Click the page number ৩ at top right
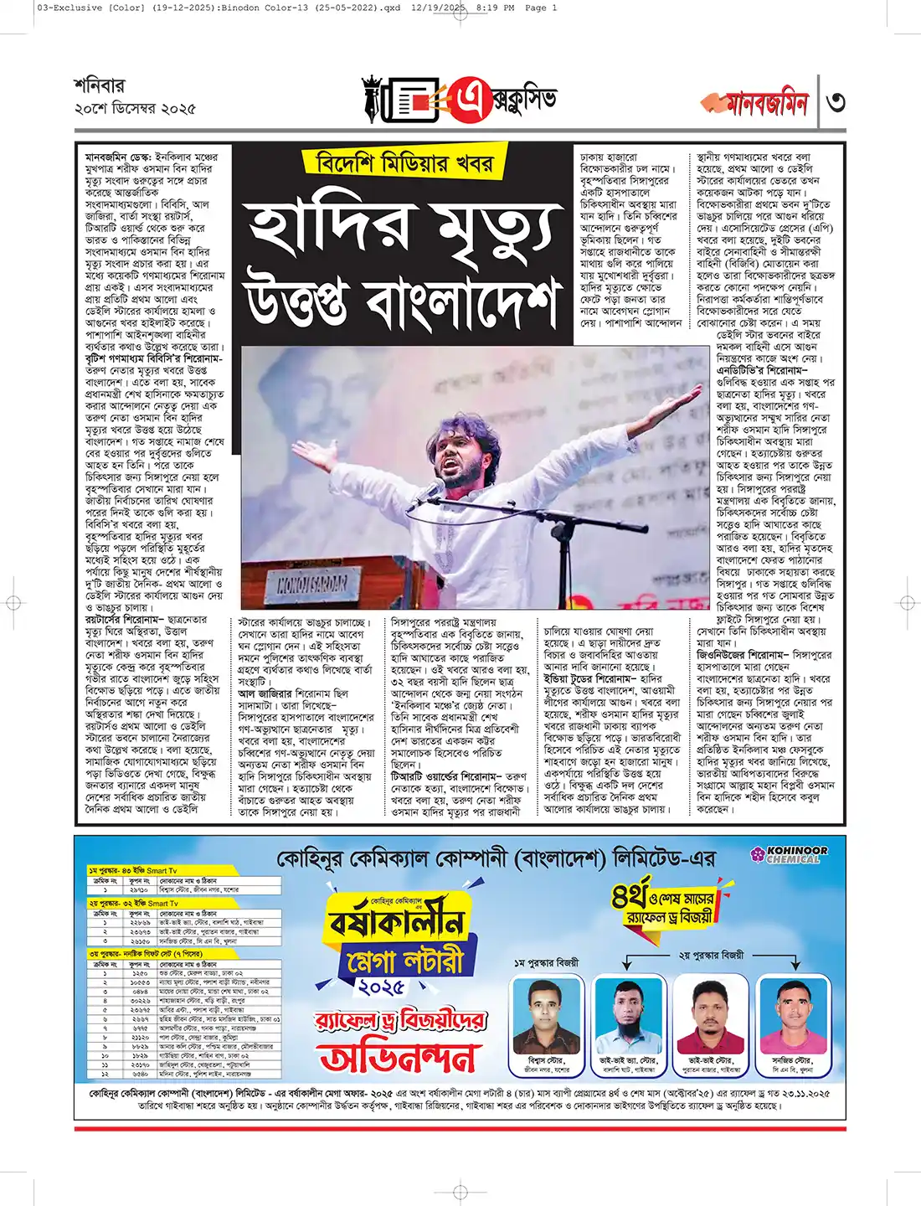(835, 103)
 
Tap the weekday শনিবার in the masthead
(99, 85)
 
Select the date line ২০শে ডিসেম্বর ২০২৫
(135, 109)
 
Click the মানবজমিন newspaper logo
(756, 103)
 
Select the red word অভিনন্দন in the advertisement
(398, 1057)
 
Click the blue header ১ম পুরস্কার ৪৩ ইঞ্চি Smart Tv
(134, 871)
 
